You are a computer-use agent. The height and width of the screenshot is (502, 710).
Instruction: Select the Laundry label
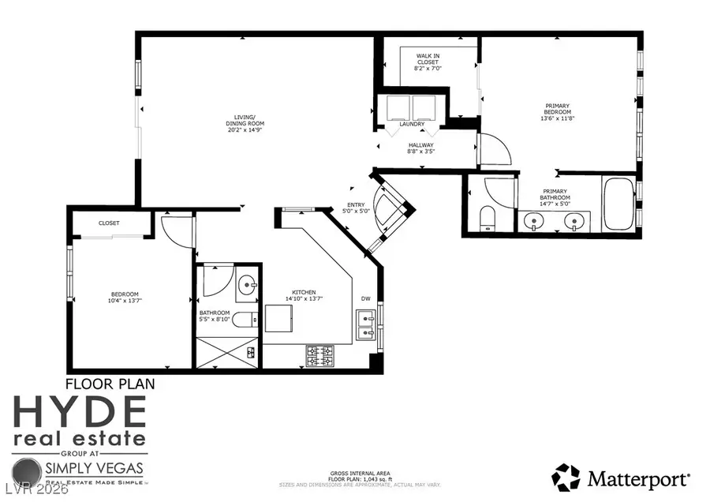[x=412, y=124]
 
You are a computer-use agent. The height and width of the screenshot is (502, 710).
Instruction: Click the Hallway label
[x=420, y=144]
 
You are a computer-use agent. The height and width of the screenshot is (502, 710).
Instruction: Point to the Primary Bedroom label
[x=557, y=109]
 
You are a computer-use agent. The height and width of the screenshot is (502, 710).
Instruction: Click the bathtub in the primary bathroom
[x=618, y=204]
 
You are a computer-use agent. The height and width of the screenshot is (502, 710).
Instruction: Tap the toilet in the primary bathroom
[x=488, y=218]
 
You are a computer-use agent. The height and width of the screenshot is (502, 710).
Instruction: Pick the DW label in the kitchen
[x=365, y=298]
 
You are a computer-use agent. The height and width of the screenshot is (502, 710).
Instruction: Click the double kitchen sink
[x=364, y=324]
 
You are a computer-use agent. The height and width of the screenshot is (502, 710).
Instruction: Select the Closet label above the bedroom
[x=109, y=223]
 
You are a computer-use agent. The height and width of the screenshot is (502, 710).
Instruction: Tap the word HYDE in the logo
[x=79, y=413]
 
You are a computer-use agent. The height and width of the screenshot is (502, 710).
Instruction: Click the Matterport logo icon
[x=565, y=477]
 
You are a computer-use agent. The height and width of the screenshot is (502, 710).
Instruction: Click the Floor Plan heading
[x=109, y=384]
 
